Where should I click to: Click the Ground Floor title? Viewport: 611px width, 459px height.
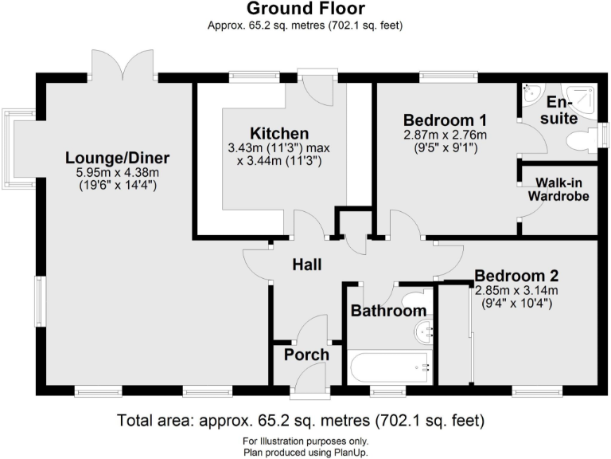pyautogui.click(x=305, y=10)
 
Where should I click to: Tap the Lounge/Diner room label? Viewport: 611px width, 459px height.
pyautogui.click(x=118, y=157)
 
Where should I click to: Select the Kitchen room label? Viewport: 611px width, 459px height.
pyautogui.click(x=278, y=133)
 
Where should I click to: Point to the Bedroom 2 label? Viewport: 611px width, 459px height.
pyautogui.click(x=516, y=277)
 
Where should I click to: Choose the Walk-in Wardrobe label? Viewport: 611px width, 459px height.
pyautogui.click(x=562, y=190)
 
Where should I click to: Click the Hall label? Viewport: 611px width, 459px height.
pyautogui.click(x=307, y=265)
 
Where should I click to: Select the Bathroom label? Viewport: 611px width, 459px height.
pyautogui.click(x=389, y=311)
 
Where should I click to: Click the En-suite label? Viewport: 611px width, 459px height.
pyautogui.click(x=562, y=111)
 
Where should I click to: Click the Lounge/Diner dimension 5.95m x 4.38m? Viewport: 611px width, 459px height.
pyautogui.click(x=118, y=172)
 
